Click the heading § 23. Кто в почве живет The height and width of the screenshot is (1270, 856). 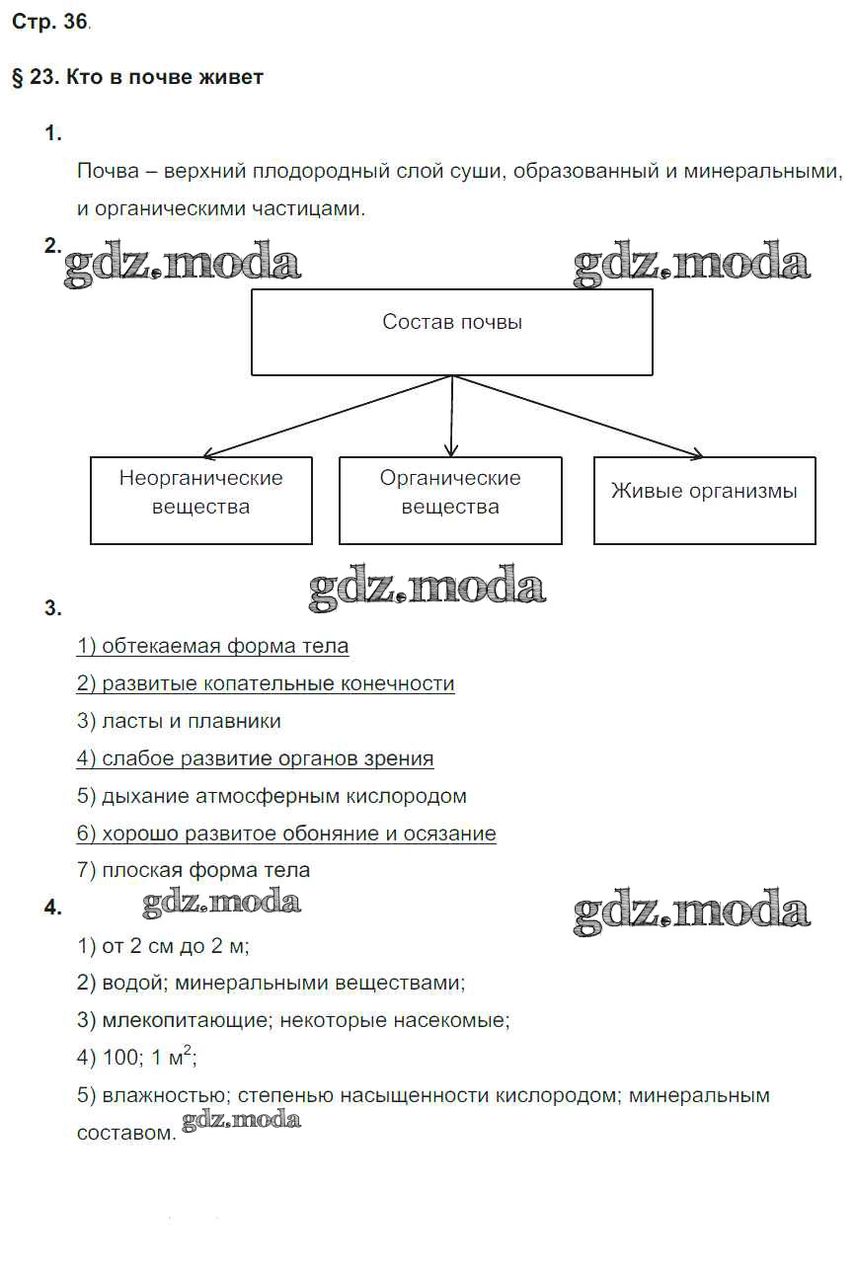click(x=137, y=77)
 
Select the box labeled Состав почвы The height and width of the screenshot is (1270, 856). click(x=451, y=332)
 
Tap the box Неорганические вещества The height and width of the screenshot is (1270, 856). click(x=200, y=500)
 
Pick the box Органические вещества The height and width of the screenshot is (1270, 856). click(x=450, y=500)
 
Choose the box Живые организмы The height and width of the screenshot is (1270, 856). click(x=704, y=500)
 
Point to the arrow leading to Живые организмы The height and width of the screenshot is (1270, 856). click(x=583, y=418)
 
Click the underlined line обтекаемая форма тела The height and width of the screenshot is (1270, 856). click(x=212, y=647)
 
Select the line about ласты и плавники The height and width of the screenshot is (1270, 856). click(x=179, y=722)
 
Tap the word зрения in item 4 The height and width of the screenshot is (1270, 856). click(x=400, y=759)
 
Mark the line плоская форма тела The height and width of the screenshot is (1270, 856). click(x=194, y=871)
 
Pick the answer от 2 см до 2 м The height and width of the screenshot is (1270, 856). click(x=163, y=946)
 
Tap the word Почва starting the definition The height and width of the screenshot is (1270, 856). click(x=107, y=172)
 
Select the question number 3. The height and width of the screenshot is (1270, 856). click(x=53, y=609)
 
